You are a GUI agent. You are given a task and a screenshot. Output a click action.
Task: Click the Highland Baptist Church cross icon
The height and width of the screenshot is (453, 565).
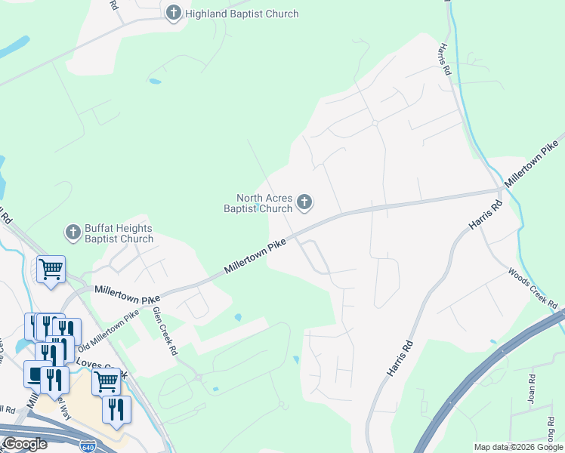click(x=174, y=13)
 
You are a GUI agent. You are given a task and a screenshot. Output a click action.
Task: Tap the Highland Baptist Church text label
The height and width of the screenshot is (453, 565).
click(x=242, y=14)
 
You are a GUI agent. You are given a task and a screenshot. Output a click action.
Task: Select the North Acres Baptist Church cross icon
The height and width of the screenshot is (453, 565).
click(x=304, y=202)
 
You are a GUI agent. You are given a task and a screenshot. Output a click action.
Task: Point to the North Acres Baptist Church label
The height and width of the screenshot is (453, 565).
click(x=258, y=204)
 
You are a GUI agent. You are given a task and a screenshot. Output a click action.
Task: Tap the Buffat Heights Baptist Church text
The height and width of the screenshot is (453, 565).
click(x=119, y=233)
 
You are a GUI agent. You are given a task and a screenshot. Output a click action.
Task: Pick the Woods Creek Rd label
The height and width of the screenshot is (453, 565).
click(x=533, y=288)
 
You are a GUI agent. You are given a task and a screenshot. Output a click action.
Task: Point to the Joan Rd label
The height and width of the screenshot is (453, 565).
click(x=533, y=388)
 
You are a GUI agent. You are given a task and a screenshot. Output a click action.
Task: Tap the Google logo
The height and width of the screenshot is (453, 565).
click(x=25, y=444)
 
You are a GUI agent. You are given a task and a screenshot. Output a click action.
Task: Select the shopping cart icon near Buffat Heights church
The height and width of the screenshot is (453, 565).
click(x=51, y=269)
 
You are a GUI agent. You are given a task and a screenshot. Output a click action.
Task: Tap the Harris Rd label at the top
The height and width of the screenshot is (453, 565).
click(x=443, y=58)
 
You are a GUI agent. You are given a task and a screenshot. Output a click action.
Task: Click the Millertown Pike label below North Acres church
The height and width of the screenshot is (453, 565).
click(x=255, y=257)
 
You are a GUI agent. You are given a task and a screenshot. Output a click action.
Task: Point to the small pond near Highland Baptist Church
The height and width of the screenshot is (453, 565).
click(x=155, y=81)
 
